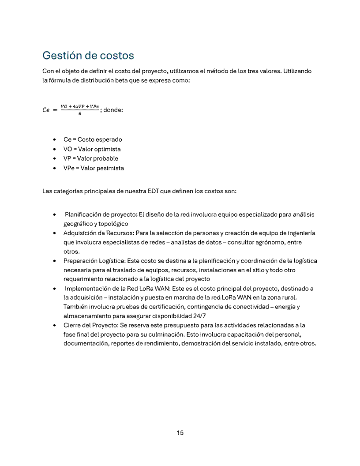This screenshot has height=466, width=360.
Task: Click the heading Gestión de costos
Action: coord(88,56)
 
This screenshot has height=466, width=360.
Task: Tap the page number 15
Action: coord(180,433)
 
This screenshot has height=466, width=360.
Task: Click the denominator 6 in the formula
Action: coord(80,114)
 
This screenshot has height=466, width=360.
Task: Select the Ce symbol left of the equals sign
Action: coord(46,110)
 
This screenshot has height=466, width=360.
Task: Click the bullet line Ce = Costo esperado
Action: coord(93,139)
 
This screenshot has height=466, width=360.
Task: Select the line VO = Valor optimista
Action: coord(92,149)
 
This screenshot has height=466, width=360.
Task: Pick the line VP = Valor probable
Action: coord(91,158)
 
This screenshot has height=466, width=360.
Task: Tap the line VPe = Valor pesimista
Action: coord(94,168)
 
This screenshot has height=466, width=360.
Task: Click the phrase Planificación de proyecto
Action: coord(101,214)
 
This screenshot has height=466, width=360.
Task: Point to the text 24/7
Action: coord(199,316)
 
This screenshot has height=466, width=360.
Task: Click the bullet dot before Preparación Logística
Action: coord(54,261)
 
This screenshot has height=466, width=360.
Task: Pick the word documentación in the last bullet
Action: coord(83,344)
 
